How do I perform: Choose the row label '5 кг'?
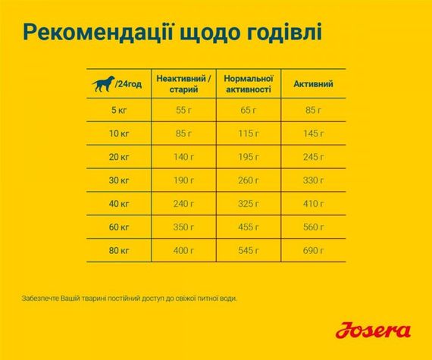click(x=119, y=111)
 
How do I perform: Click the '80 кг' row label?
click(x=119, y=251)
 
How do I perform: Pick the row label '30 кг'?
click(x=119, y=181)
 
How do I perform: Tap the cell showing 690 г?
click(x=313, y=251)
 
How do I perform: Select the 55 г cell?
click(x=184, y=111)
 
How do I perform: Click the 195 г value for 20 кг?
click(x=249, y=158)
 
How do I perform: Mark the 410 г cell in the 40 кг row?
click(x=313, y=205)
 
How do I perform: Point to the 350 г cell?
click(x=184, y=227)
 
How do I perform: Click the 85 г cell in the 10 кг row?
click(x=184, y=134)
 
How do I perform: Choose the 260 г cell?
click(x=249, y=181)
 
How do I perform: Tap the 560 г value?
click(x=313, y=227)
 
